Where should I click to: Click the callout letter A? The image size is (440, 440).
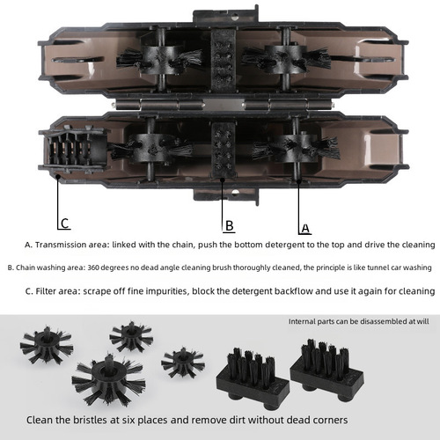coord(305,228)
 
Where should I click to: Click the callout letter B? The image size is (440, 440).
coord(230,226)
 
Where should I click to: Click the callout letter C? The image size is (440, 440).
coord(65,224)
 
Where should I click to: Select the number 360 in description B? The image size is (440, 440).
coord(93,268)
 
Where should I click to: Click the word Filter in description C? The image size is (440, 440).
coord(46,291)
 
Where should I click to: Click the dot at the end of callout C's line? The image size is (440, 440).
coord(58,176)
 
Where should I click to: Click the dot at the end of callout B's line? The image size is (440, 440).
coord(223,180)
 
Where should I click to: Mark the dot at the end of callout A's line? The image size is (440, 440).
coord(299,181)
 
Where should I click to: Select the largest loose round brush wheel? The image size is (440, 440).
coord(108,380)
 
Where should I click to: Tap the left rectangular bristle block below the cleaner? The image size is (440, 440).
coord(253,379)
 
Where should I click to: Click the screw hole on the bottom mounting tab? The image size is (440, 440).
coord(235,193)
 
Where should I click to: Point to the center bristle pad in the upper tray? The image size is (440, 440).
coord(224,60)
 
